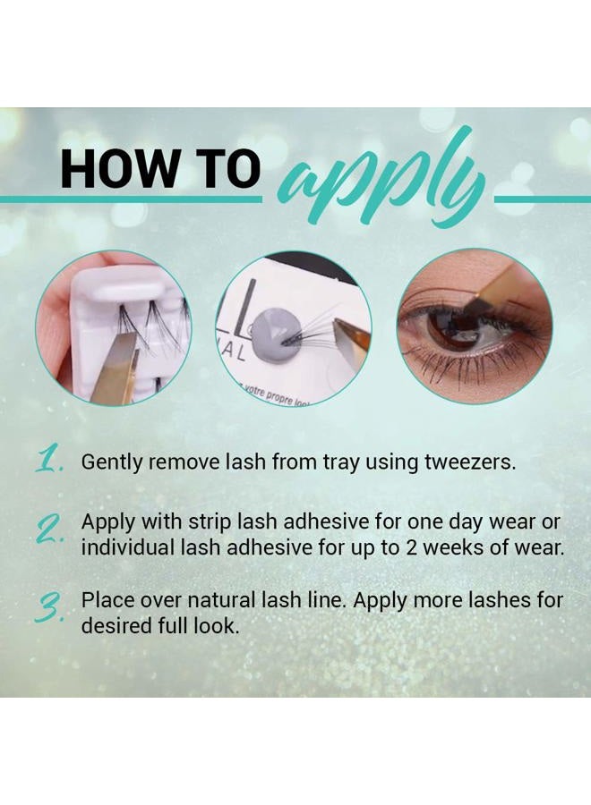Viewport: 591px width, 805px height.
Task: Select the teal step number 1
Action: pyautogui.click(x=49, y=462)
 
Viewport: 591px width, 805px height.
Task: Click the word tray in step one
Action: pyautogui.click(x=310, y=463)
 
